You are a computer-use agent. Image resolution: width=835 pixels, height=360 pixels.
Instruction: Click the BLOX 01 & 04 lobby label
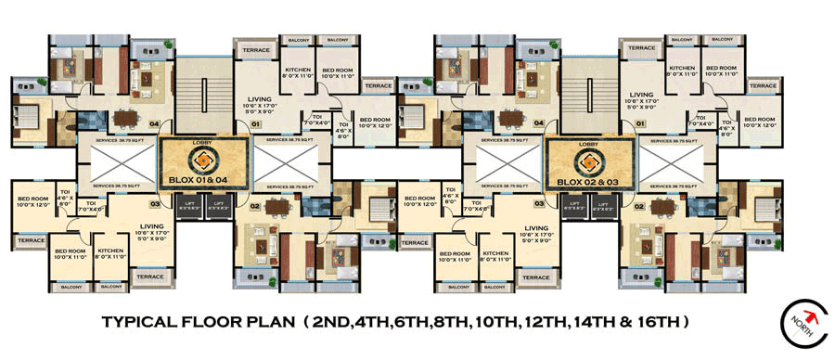coord(204,179)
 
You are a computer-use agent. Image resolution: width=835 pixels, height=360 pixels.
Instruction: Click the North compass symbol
coord(804,325)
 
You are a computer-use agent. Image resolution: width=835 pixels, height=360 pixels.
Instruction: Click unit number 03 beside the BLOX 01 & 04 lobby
coord(155,202)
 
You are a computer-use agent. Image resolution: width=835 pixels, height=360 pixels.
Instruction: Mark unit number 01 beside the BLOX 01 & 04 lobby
coord(253,122)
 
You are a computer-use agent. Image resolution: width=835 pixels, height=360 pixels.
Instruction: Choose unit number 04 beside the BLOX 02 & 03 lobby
coord(538,122)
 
